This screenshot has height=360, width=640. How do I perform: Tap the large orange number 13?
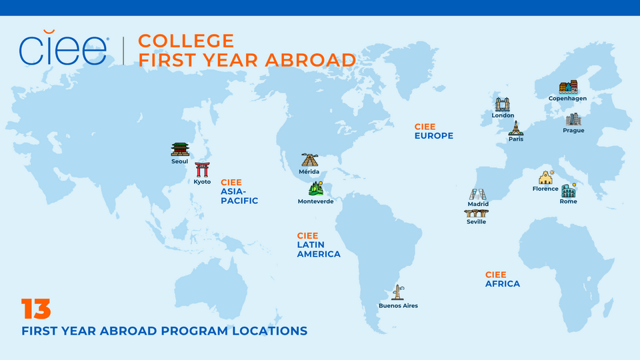coord(36,309)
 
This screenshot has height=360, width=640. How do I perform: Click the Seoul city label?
coord(180,161)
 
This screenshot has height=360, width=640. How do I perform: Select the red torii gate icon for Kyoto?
coord(202,169)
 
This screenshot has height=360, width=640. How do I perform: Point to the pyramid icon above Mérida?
coord(309,160)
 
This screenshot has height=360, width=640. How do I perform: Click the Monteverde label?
coord(315,201)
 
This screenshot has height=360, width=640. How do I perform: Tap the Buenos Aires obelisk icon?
coord(398,292)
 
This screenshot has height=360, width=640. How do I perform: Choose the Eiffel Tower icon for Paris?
coord(515,128)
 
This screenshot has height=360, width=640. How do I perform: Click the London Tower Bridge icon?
coord(503,105)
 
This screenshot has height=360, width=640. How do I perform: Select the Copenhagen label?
coord(567,99)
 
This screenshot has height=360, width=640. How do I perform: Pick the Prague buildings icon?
coord(573,120)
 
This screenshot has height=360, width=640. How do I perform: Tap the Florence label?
coord(545,189)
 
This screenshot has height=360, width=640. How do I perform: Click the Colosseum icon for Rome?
coord(568,191)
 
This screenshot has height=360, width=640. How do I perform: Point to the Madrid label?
coord(478,204)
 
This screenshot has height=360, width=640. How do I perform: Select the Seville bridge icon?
coord(476,213)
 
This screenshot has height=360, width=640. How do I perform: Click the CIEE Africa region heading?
coord(502,279)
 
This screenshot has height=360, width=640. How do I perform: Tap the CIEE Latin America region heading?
coord(318,245)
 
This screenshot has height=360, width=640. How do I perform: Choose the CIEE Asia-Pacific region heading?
coord(239,191)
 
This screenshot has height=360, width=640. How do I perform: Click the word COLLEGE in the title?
coord(186,41)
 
